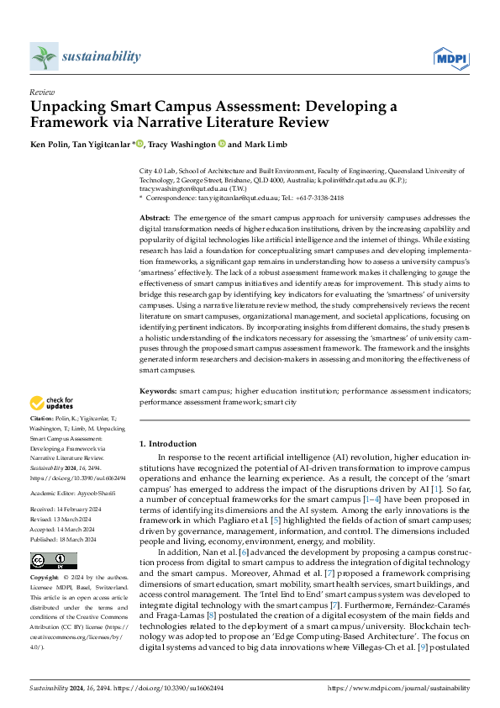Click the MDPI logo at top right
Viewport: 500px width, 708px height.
450,57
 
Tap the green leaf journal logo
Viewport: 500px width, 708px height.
43,57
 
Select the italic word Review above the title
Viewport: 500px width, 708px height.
41,93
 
